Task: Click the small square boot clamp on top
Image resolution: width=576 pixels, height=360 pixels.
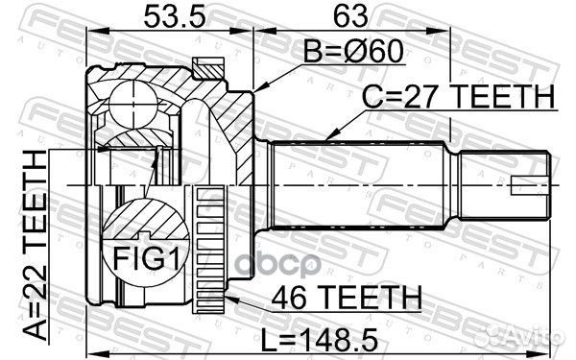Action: coord(205,66)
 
